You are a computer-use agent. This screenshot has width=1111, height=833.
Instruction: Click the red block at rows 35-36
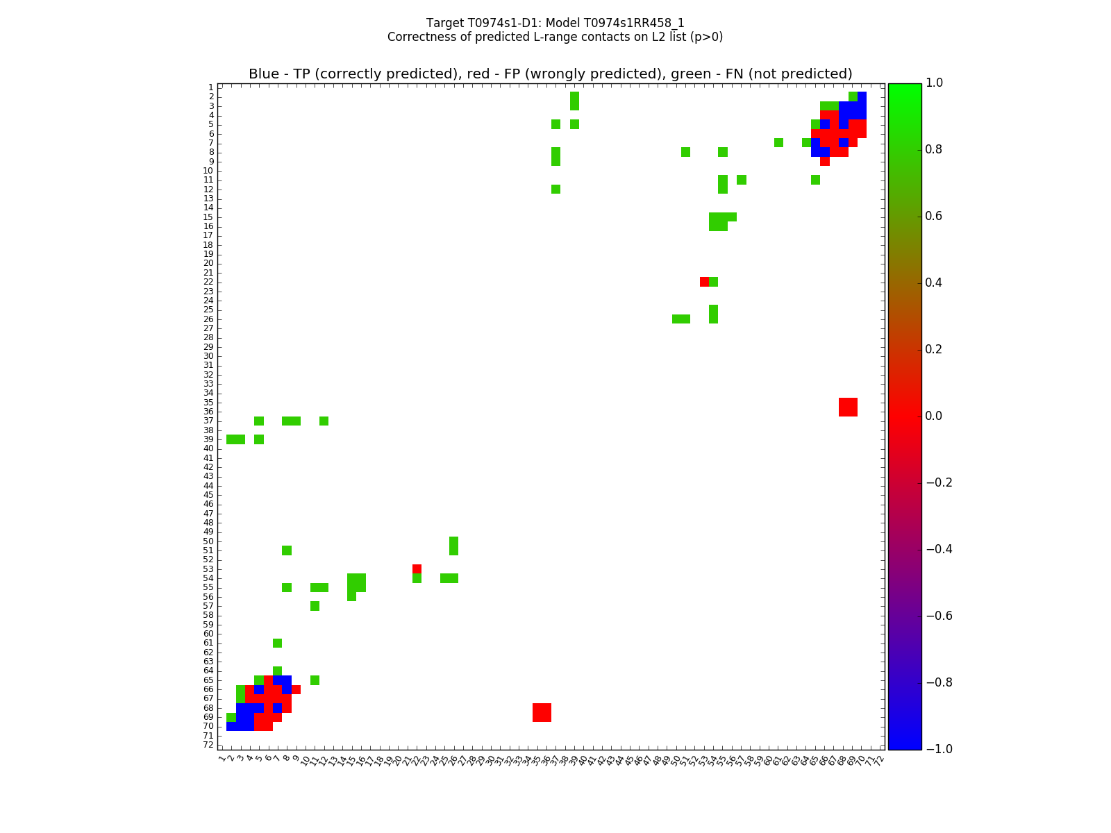pyautogui.click(x=848, y=407)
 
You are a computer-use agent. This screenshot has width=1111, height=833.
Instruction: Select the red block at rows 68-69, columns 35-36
pyautogui.click(x=542, y=712)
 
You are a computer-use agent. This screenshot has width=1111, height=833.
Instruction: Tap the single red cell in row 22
pyautogui.click(x=704, y=282)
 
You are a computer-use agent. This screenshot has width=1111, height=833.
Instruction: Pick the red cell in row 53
pyautogui.click(x=417, y=569)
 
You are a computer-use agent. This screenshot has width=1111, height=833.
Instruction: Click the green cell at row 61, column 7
pyautogui.click(x=277, y=643)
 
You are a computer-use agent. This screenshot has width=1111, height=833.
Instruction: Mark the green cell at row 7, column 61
pyautogui.click(x=778, y=143)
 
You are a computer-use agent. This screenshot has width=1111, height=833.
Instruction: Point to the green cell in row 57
pyautogui.click(x=315, y=606)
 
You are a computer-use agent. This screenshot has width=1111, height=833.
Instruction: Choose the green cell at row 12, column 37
pyautogui.click(x=555, y=189)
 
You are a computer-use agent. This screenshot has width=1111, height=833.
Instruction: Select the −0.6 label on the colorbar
pyautogui.click(x=939, y=616)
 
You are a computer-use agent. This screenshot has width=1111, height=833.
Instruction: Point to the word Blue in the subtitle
pyautogui.click(x=264, y=74)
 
